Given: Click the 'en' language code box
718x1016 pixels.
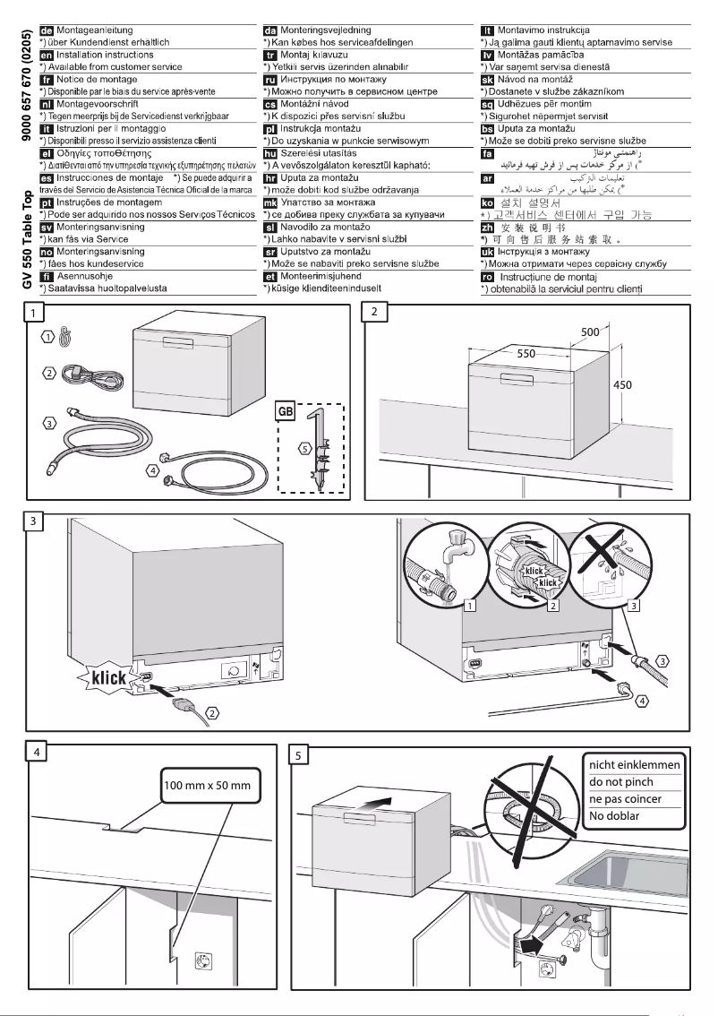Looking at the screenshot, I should (x=47, y=55).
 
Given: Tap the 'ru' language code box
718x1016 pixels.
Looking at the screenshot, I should (x=269, y=79).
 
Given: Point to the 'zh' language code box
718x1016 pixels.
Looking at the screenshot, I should (x=488, y=228).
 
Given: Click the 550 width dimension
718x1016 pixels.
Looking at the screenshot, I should (x=526, y=354).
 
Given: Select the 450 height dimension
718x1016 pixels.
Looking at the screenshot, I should (x=624, y=384).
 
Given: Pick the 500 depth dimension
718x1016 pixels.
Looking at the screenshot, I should (x=590, y=332).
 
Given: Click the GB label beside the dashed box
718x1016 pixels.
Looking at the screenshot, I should (x=286, y=412).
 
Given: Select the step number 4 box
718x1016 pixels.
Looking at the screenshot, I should (x=36, y=753).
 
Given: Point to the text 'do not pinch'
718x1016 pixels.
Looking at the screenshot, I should (x=621, y=781).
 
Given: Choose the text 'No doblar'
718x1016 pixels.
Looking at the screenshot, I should (x=610, y=815).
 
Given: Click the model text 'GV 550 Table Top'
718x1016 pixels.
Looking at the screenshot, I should (x=29, y=228).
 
